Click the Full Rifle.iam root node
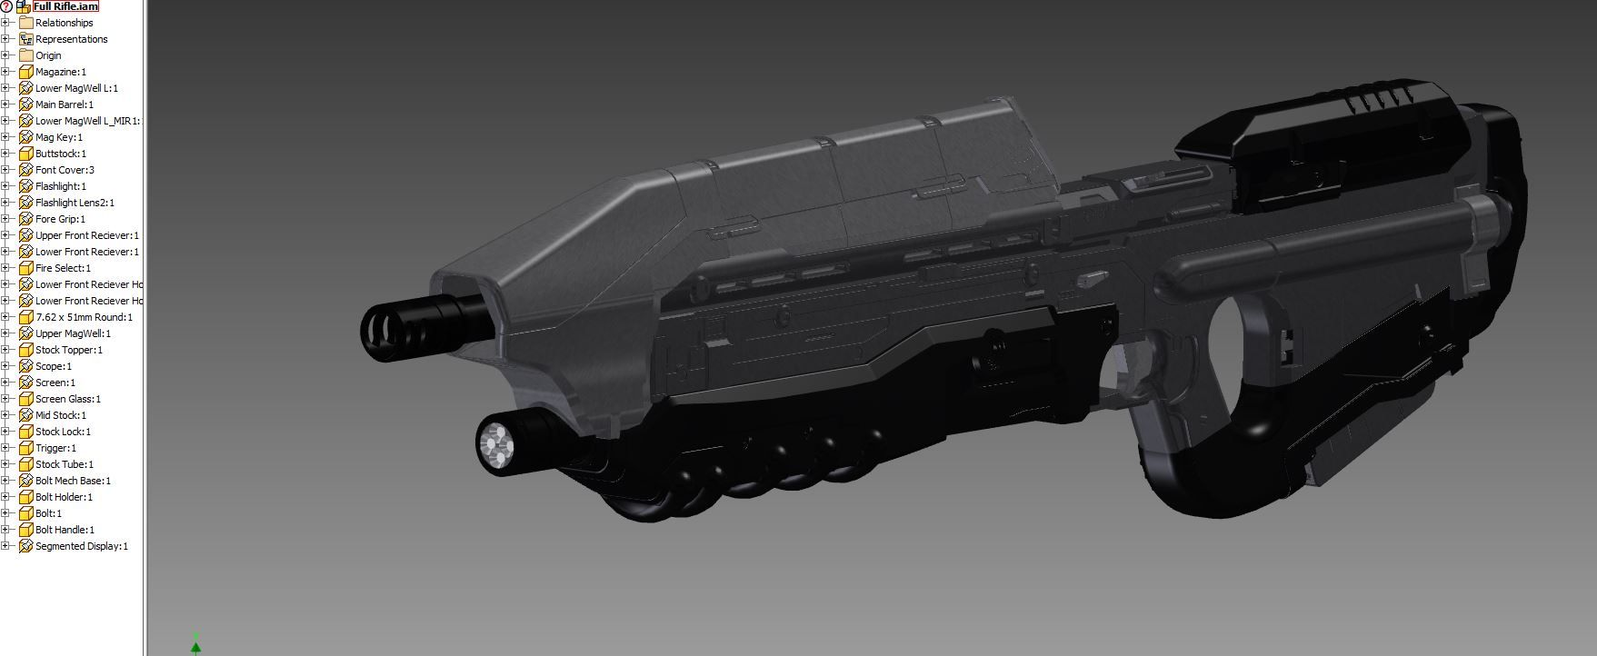click(x=65, y=6)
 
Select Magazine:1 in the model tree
click(x=60, y=72)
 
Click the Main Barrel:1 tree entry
click(x=64, y=104)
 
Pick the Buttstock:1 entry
click(x=60, y=154)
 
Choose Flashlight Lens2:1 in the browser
click(x=75, y=203)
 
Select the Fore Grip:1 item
click(x=60, y=219)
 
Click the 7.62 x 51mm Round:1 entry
click(x=84, y=317)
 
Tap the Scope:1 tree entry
click(x=53, y=366)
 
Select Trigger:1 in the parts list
click(x=55, y=448)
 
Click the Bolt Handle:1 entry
click(x=65, y=530)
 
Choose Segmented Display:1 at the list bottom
click(x=81, y=546)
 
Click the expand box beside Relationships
click(x=5, y=23)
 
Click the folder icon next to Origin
click(x=26, y=55)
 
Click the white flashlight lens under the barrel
click(x=494, y=444)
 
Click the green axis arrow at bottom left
click(x=195, y=646)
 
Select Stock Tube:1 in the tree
click(x=64, y=464)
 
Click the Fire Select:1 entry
click(x=63, y=268)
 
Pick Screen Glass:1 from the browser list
click(x=67, y=399)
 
